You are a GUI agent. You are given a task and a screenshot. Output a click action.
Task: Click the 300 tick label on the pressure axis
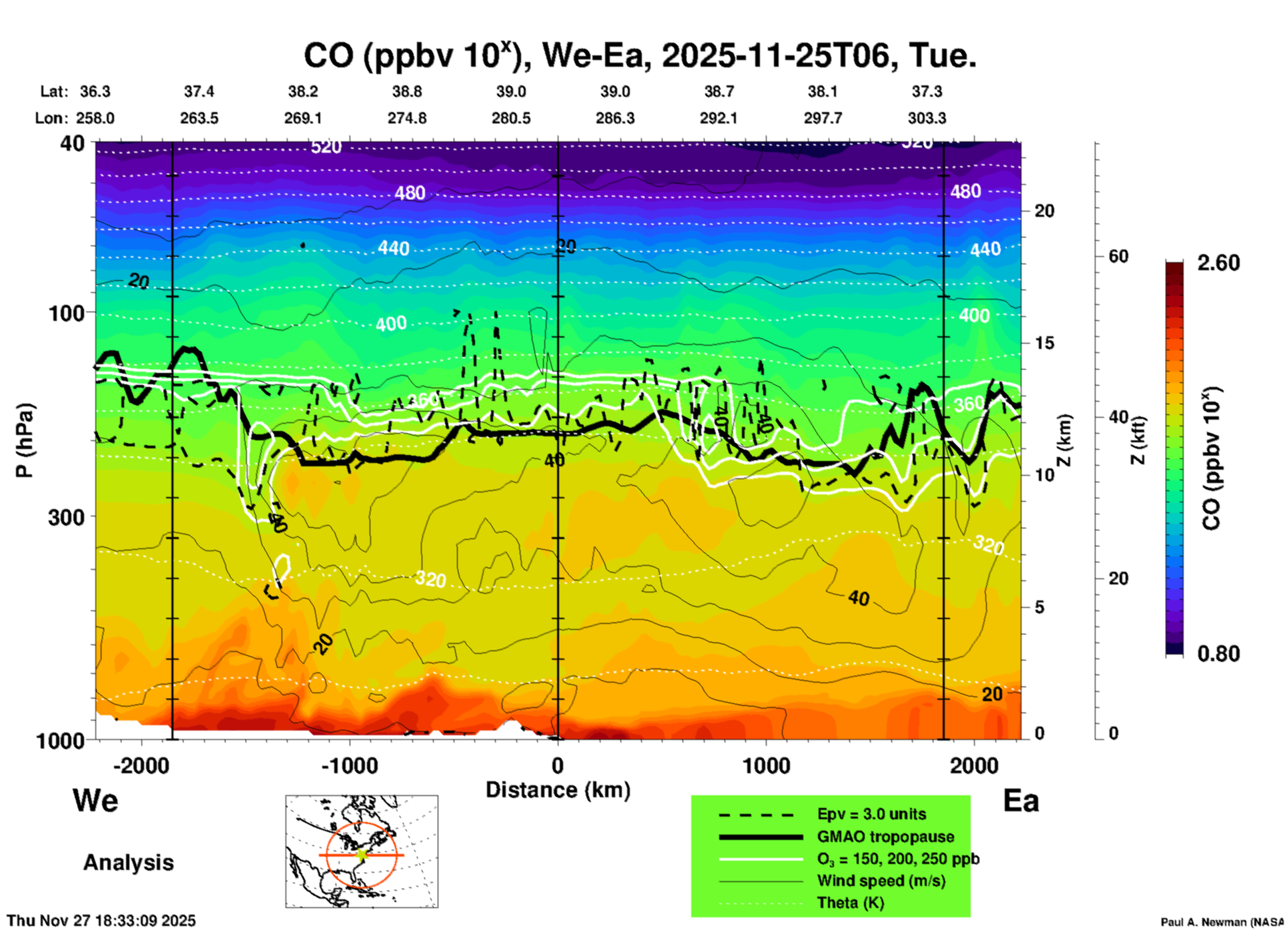pyautogui.click(x=67, y=516)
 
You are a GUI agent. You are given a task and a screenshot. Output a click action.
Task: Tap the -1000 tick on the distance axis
pyautogui.click(x=349, y=765)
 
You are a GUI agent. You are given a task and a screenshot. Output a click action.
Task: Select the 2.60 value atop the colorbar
pyautogui.click(x=1218, y=263)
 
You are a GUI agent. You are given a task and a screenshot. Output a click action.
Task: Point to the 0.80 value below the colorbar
pyautogui.click(x=1218, y=653)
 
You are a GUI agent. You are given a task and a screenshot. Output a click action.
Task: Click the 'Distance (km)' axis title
pyautogui.click(x=558, y=790)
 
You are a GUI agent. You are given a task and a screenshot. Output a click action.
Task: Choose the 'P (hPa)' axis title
pyautogui.click(x=24, y=440)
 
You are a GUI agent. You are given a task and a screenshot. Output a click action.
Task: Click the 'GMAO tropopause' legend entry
pyautogui.click(x=885, y=837)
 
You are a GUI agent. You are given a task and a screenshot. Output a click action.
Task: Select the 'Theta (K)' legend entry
pyautogui.click(x=850, y=903)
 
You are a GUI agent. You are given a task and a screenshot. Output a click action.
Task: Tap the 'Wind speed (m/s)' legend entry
pyautogui.click(x=881, y=881)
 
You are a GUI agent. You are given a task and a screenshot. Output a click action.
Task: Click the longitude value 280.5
pyautogui.click(x=511, y=118)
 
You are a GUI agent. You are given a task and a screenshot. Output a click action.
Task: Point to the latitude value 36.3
pyautogui.click(x=95, y=91)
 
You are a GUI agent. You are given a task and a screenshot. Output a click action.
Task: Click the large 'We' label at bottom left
pyautogui.click(x=95, y=801)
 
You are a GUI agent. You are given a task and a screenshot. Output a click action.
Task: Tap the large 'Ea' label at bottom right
pyautogui.click(x=1021, y=801)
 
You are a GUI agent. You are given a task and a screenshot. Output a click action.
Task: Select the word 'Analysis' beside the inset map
pyautogui.click(x=128, y=863)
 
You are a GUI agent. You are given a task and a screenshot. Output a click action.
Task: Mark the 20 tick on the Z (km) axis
pyautogui.click(x=1044, y=211)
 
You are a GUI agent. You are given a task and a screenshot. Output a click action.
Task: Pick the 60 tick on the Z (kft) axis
pyautogui.click(x=1118, y=256)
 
